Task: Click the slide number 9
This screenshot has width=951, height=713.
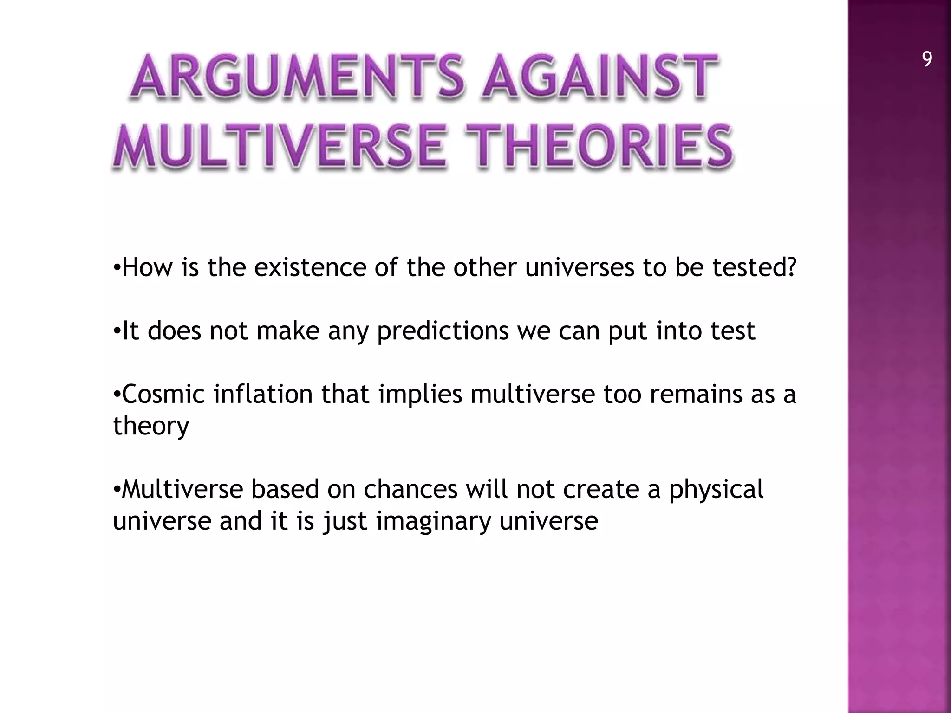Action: [927, 60]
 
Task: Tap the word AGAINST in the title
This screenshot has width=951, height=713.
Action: [599, 77]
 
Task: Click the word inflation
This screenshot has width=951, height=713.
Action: [263, 395]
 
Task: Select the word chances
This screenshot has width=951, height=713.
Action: [410, 490]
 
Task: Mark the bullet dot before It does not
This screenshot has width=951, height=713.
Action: [117, 331]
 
